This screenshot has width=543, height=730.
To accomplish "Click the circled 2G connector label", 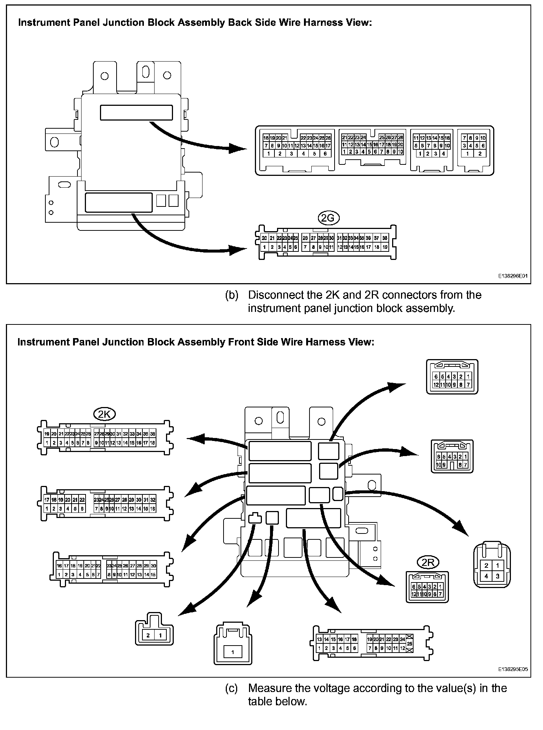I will pyautogui.click(x=328, y=219).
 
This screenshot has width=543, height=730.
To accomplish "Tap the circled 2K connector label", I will pyautogui.click(x=105, y=414).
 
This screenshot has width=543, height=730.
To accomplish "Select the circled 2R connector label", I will pyautogui.click(x=428, y=563).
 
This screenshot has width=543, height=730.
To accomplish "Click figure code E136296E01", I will pyautogui.click(x=513, y=275).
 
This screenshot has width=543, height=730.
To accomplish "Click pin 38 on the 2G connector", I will pyautogui.click(x=385, y=238).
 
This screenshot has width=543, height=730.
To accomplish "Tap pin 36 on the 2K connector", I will pyautogui.click(x=153, y=434).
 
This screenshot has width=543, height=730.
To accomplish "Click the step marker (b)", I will pyautogui.click(x=232, y=295).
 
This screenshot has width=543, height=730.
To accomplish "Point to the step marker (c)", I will pyautogui.click(x=232, y=688).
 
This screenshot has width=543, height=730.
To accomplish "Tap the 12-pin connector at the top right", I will pyautogui.click(x=452, y=377).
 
